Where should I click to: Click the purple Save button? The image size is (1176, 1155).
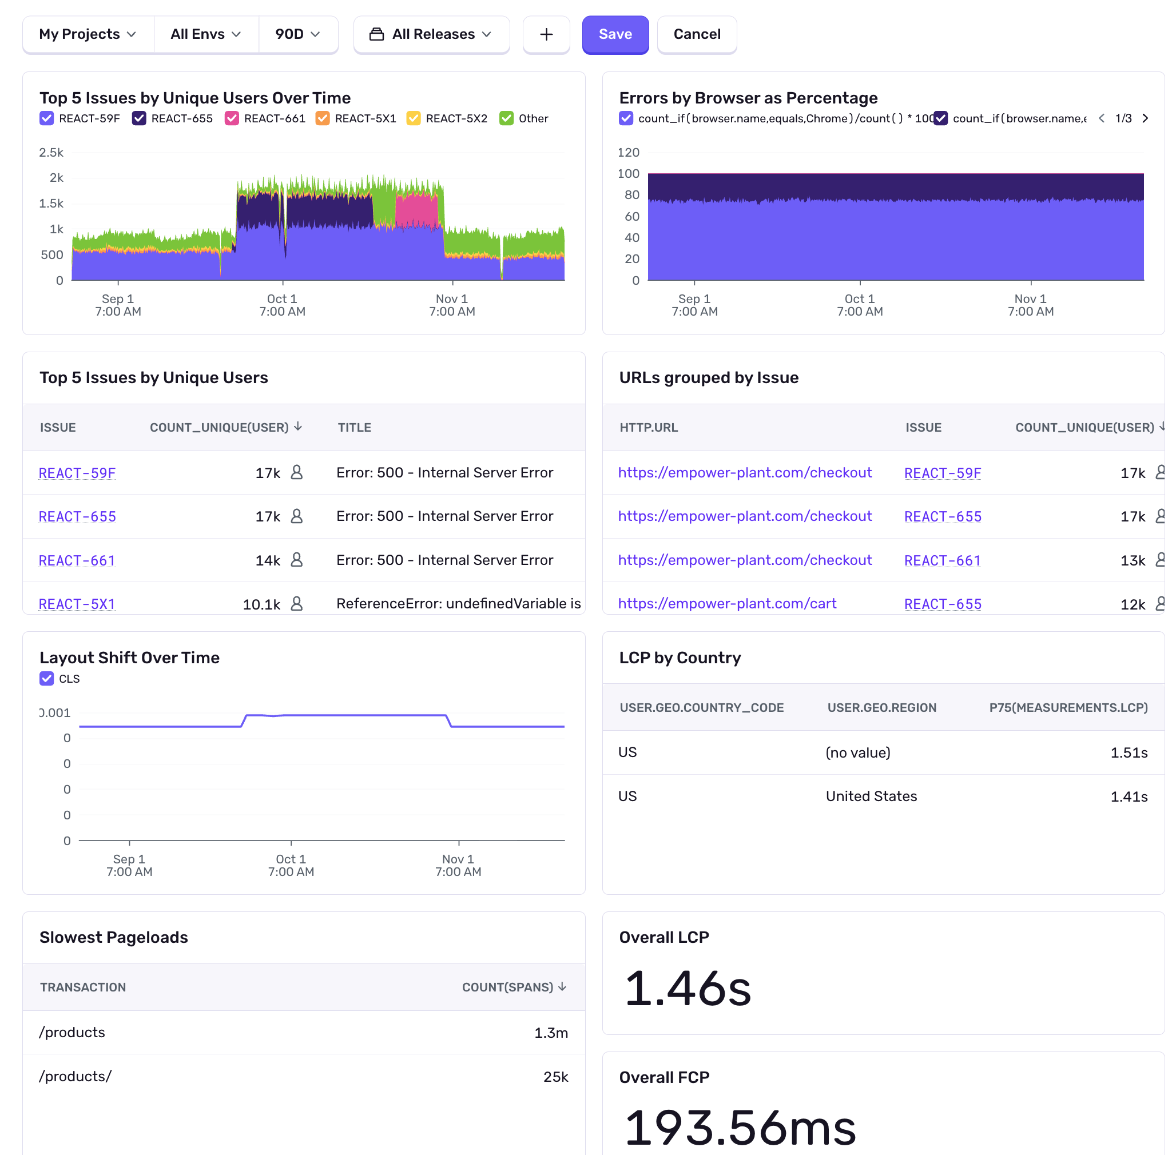tap(615, 34)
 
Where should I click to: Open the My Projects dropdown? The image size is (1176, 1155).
tap(88, 34)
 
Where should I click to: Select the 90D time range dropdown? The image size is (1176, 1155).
tap(297, 34)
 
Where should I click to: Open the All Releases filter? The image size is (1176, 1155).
tap(431, 34)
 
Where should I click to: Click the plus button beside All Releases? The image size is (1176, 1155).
tap(546, 34)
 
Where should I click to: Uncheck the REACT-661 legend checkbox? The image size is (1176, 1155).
tap(231, 118)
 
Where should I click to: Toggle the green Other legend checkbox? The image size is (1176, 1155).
tap(506, 118)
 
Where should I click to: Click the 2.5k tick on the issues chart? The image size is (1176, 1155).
tap(51, 152)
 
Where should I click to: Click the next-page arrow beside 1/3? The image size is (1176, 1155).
tap(1145, 118)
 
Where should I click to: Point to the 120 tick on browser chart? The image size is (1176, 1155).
tap(628, 152)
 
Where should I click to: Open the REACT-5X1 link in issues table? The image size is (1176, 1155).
tap(77, 604)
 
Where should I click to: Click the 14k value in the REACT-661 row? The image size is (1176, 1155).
tap(268, 560)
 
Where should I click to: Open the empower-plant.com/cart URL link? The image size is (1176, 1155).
tap(726, 604)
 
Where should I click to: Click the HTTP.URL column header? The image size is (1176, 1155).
tap(648, 427)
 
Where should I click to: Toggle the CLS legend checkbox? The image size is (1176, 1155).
tap(47, 678)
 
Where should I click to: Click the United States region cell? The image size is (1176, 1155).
tap(871, 796)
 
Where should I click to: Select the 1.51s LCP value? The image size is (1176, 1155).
tap(1128, 752)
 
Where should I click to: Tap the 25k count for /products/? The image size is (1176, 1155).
tap(555, 1077)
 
